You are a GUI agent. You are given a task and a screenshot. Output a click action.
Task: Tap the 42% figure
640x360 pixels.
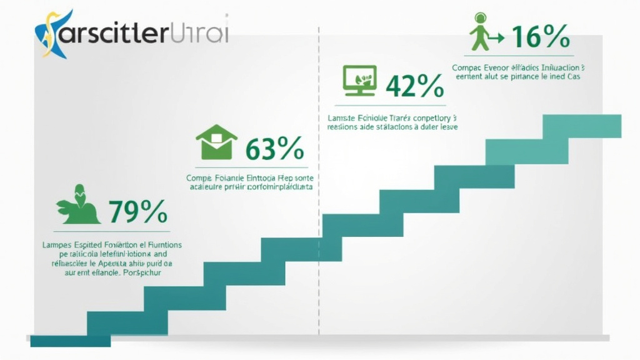coord(414,86)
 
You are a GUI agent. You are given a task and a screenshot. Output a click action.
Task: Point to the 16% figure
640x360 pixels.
coord(541,37)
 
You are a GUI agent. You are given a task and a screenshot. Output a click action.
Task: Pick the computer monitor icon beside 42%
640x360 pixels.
coord(360,80)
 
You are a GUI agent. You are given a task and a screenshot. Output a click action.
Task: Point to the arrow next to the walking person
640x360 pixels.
coord(497,38)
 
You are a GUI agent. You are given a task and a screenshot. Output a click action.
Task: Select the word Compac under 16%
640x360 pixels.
coord(466,66)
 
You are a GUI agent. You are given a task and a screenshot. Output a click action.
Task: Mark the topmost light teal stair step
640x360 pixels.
coord(581,126)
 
